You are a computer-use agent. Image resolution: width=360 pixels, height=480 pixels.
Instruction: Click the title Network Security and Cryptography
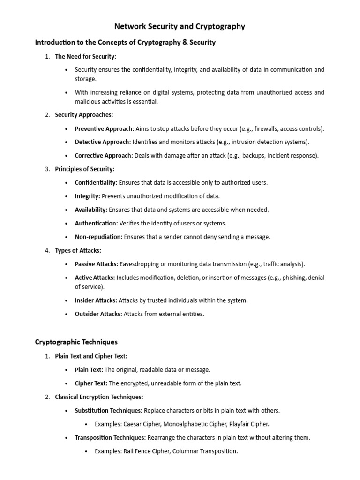tap(180, 27)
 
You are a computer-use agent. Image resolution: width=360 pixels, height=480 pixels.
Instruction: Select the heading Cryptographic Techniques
tap(76, 342)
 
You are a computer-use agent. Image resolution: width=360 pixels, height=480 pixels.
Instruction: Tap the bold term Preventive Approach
tap(104, 128)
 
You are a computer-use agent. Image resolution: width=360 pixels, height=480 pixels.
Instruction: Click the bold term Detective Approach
tap(103, 142)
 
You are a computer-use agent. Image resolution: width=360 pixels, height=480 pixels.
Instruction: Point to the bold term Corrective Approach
tap(104, 156)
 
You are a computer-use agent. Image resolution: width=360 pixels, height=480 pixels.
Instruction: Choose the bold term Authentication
tap(96, 224)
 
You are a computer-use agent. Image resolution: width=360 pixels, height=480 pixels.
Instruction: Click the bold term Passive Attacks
tap(96, 264)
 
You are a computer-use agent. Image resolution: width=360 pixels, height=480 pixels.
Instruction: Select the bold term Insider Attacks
tap(96, 300)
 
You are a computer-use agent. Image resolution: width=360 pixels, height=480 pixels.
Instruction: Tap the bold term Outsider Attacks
tap(98, 314)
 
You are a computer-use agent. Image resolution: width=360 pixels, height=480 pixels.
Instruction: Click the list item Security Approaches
tap(84, 115)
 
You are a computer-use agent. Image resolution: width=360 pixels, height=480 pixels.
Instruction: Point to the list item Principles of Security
tap(84, 169)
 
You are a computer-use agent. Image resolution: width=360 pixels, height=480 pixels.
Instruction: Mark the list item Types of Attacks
tap(78, 251)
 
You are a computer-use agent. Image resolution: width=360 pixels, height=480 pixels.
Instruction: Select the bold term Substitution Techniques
tap(108, 411)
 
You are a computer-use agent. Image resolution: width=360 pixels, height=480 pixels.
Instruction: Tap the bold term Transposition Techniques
tap(110, 438)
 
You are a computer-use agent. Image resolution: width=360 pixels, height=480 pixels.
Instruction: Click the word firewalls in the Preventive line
tap(266, 128)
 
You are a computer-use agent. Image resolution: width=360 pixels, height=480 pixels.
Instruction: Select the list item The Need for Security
tap(85, 56)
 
